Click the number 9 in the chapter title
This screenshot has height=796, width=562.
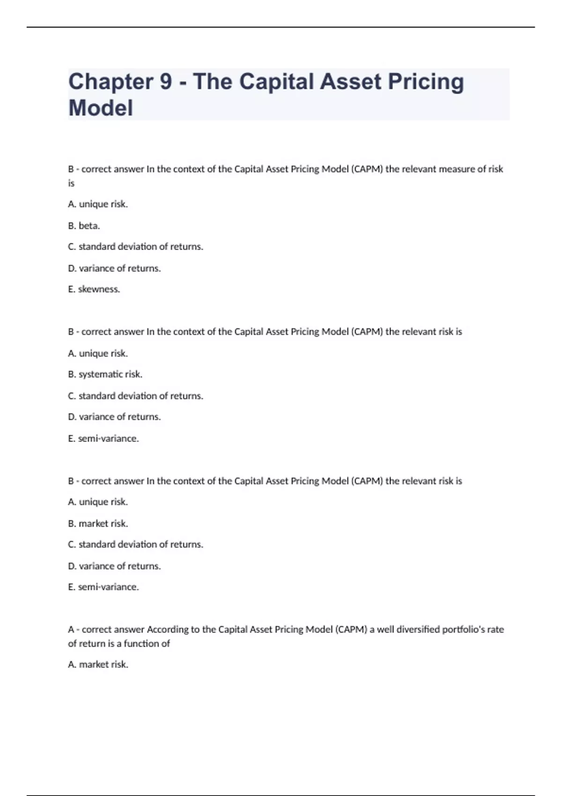166,82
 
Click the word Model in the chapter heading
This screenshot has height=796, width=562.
101,108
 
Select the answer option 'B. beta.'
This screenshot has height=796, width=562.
84,226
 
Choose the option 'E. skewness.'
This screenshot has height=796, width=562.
94,289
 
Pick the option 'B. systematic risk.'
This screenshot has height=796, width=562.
105,374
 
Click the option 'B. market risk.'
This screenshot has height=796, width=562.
98,523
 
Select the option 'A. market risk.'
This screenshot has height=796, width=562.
98,664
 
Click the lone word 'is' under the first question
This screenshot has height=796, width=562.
71,183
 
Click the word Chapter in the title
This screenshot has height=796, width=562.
111,82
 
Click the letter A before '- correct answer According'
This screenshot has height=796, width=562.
71,629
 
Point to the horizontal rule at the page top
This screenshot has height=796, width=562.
281,27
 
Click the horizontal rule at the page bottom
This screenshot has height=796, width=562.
281,795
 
